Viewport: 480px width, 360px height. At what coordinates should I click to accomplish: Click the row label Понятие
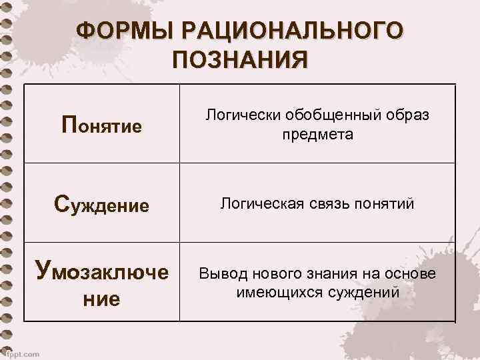(101, 125)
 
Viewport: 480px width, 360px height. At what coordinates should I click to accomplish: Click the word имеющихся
(273, 293)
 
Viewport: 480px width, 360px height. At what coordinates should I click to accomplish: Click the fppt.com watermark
(20, 353)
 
